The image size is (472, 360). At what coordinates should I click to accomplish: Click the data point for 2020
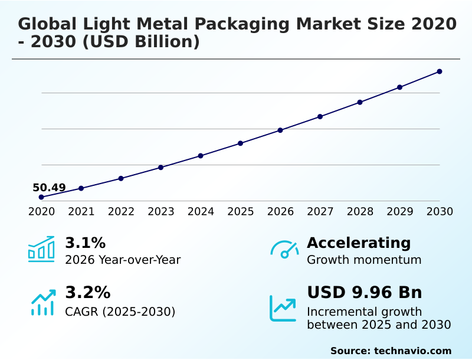(x=41, y=197)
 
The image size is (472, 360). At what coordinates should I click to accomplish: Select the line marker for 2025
(x=241, y=143)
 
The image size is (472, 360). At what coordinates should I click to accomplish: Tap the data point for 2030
(x=440, y=71)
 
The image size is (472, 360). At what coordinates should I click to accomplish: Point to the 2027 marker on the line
(x=320, y=116)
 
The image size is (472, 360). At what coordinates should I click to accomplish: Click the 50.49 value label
(x=49, y=188)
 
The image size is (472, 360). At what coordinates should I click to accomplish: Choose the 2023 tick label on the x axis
(x=161, y=212)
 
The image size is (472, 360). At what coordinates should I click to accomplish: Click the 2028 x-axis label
(x=360, y=212)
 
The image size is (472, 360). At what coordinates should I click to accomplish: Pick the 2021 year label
(x=81, y=212)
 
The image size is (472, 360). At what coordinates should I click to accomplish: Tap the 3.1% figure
(x=85, y=243)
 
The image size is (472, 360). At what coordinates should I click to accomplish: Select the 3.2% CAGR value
(x=87, y=293)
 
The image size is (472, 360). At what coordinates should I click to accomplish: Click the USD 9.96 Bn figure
(x=365, y=293)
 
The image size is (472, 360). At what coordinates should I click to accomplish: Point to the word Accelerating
(x=359, y=243)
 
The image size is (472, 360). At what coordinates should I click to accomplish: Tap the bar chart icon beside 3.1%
(x=41, y=249)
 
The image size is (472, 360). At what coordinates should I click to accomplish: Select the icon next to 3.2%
(x=42, y=302)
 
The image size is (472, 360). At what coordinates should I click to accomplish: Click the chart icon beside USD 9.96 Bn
(x=283, y=308)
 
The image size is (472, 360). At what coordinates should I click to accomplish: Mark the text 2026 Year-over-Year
(x=123, y=260)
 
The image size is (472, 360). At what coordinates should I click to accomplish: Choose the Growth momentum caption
(x=364, y=260)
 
